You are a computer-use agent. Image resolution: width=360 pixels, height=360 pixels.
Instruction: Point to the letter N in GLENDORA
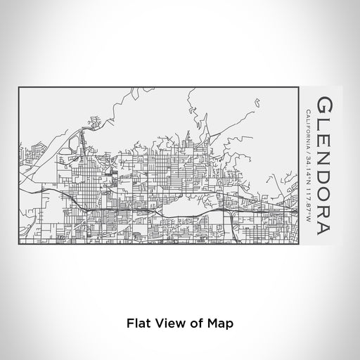click(x=321, y=157)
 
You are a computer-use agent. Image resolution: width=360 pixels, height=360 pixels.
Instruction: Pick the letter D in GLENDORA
click(x=321, y=177)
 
